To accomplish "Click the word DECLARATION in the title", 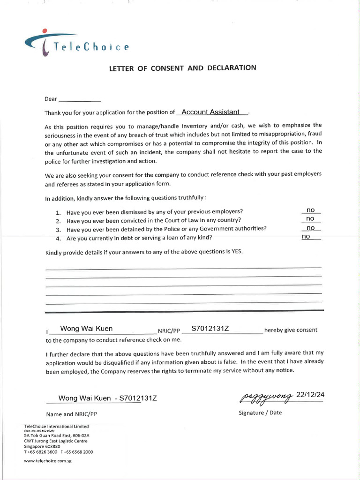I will pos(232,68).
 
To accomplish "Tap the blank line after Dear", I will pos(80,99).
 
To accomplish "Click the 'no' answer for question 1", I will pos(310,210).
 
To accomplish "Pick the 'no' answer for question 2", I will pos(310,218).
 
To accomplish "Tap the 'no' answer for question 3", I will pos(310,228).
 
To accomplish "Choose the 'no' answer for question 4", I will pos(306,237).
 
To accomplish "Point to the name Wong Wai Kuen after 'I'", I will pos(87,328).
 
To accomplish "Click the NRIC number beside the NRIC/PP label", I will pos(210,328).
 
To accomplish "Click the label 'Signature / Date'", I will pos(260,413).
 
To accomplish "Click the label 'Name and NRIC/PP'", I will pos(71,414).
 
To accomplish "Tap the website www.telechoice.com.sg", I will pos(47,461).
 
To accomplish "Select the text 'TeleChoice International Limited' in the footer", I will pos(56,426).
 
